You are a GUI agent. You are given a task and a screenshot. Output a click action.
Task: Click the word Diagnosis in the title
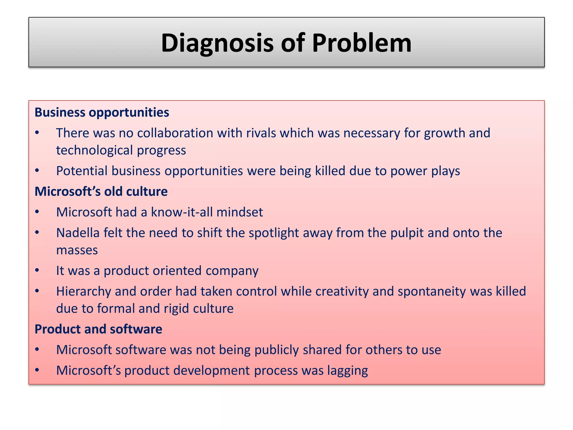click(x=217, y=43)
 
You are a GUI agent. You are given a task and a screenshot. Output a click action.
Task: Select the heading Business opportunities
click(x=102, y=113)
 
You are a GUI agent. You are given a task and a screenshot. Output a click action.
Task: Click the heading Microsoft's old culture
click(x=101, y=192)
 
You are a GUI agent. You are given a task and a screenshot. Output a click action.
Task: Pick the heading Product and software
click(x=98, y=329)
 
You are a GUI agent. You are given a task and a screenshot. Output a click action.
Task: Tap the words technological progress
click(x=121, y=150)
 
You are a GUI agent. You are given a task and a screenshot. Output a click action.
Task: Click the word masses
click(x=77, y=250)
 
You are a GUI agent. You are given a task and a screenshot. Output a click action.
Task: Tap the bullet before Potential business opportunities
click(x=37, y=171)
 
